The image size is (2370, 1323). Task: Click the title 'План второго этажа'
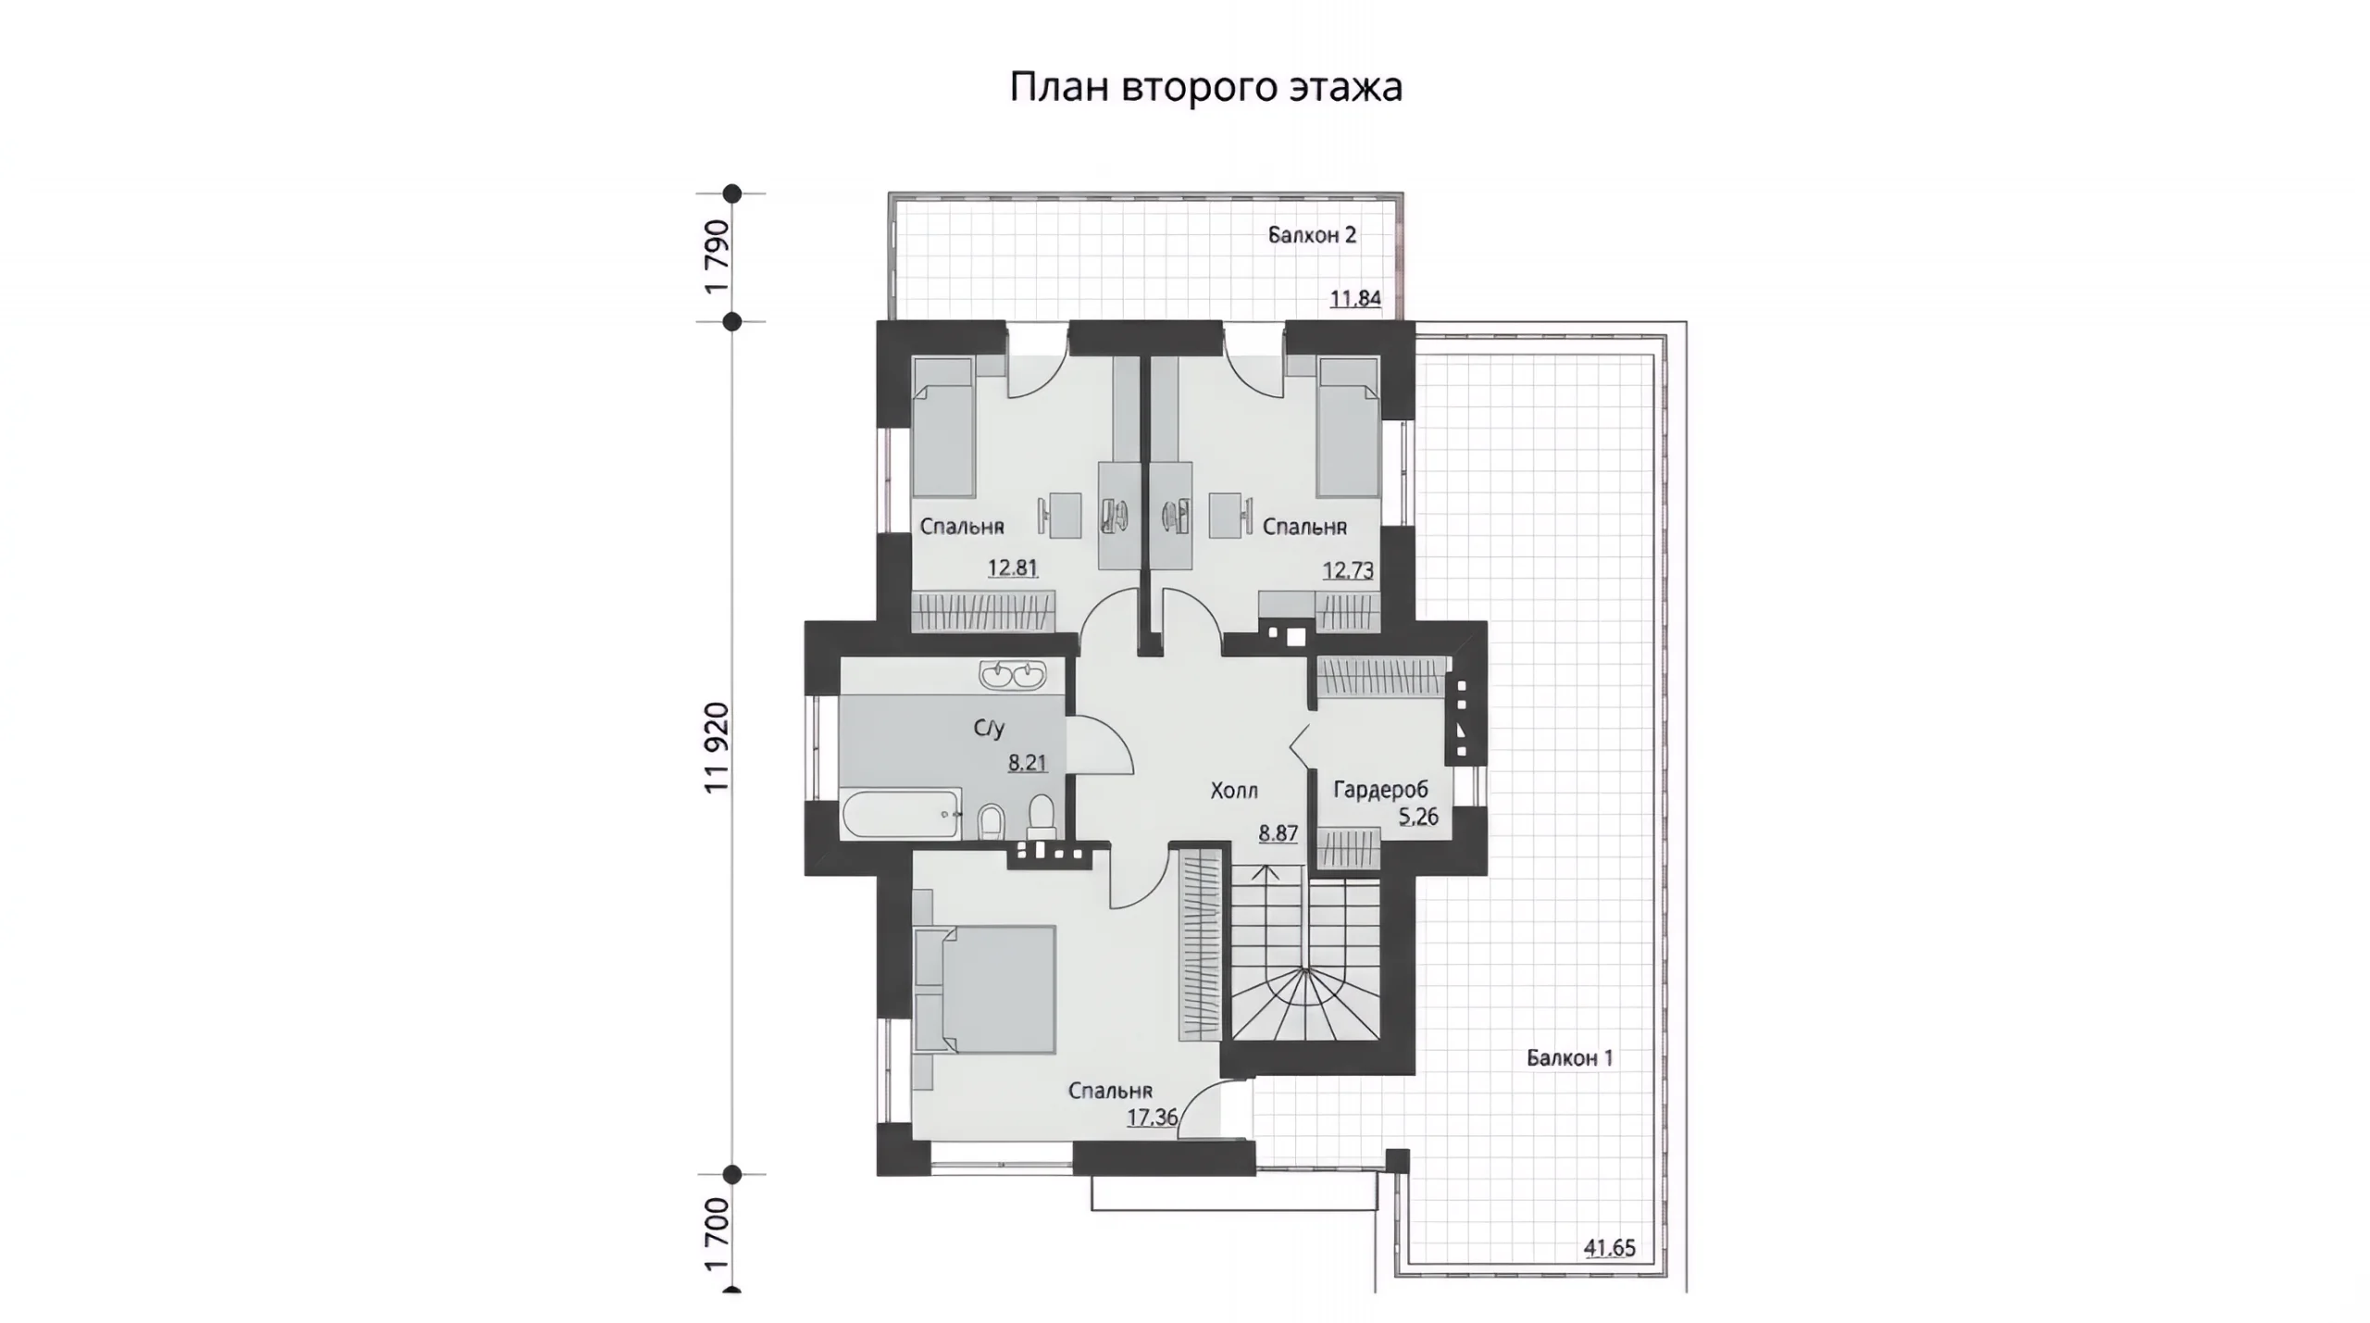coord(1205,88)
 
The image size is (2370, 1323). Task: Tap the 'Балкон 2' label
coord(1312,235)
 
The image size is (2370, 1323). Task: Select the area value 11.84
coord(1355,298)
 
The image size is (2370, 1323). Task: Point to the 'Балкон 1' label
coord(1569,1057)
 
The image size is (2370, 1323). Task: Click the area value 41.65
coord(1609,1248)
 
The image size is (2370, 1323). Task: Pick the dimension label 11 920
coord(717,747)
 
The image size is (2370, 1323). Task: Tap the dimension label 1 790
coord(717,257)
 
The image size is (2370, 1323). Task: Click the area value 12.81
coord(1012,568)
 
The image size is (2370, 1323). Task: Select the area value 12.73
coord(1347,570)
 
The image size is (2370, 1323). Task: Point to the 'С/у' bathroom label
coord(989,729)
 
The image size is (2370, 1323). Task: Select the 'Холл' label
coord(1234,791)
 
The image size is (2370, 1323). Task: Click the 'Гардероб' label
coord(1380,790)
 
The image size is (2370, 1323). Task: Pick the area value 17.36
coord(1152,1117)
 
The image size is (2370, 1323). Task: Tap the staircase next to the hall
coord(1304,960)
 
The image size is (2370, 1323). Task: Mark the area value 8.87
coord(1278,833)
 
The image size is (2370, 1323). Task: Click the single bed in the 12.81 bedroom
coord(944,428)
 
